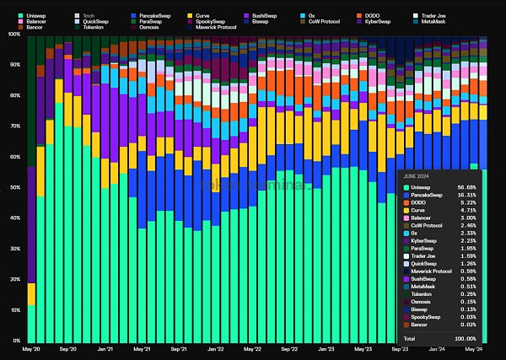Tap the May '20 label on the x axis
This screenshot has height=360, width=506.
(x=32, y=348)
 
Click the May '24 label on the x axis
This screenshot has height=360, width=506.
(x=474, y=348)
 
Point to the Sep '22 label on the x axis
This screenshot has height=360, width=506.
(x=288, y=348)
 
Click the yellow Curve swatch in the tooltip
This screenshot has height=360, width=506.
(x=406, y=212)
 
